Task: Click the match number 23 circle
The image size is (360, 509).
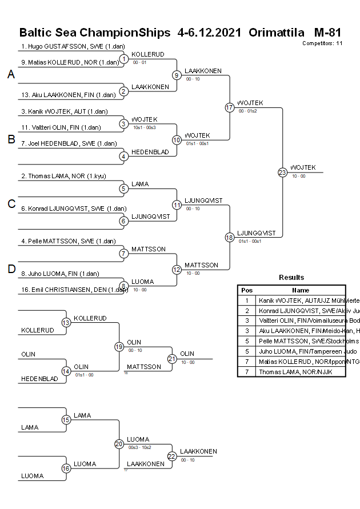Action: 282,172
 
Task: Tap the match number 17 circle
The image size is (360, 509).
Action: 230,107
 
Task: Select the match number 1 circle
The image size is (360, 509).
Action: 124,59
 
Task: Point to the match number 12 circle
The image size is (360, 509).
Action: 177,270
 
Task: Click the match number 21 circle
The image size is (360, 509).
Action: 172,358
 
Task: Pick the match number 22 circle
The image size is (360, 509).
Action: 172,456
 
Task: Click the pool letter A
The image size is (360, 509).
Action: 11,74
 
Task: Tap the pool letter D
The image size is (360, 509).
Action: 11,269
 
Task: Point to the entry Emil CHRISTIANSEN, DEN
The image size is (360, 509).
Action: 74,290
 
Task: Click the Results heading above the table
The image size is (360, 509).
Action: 291,277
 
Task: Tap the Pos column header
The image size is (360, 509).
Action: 247,290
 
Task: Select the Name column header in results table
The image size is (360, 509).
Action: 301,290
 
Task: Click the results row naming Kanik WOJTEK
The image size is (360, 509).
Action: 301,300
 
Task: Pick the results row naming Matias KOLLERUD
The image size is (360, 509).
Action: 301,362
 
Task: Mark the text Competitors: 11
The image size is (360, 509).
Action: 322,43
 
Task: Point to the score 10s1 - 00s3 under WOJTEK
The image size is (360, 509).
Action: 144,127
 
